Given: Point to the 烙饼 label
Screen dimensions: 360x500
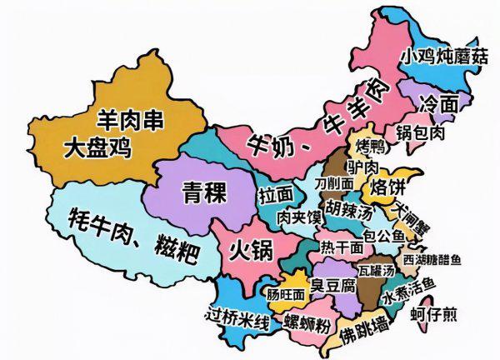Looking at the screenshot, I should (x=387, y=184).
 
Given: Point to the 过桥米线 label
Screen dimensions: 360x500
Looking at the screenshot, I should (x=237, y=317).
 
